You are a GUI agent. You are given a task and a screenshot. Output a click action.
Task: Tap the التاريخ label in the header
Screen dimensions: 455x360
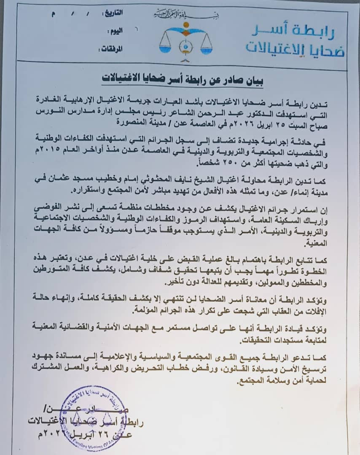point(113,13)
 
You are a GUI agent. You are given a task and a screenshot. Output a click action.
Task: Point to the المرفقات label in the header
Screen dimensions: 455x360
point(111,49)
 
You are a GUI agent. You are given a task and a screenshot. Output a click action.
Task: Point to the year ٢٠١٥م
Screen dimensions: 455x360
point(51,146)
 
